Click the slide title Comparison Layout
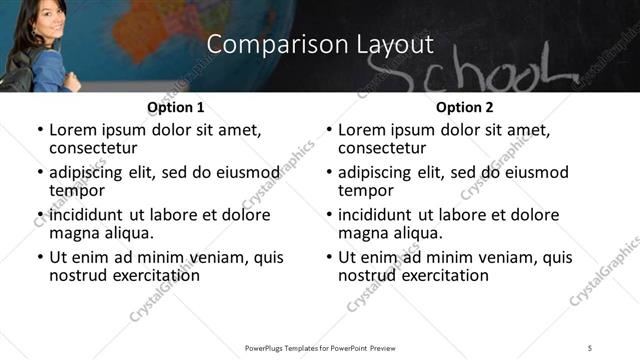(320, 45)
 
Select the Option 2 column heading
(464, 107)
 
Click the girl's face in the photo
(39, 22)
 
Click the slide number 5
(590, 347)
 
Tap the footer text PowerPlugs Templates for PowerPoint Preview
(319, 347)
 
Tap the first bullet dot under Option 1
(40, 130)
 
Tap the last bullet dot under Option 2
(329, 257)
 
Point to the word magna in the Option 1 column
(72, 233)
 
